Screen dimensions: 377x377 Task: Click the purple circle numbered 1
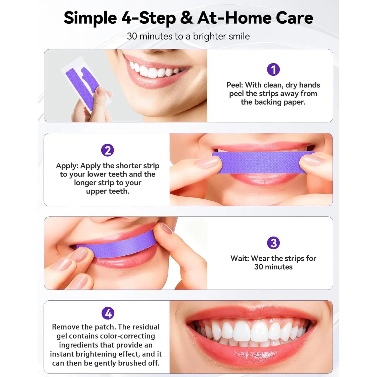(x=273, y=69)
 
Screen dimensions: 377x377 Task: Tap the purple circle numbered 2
(x=108, y=150)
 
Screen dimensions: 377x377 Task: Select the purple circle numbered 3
(x=273, y=243)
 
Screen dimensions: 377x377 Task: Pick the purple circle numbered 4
(x=108, y=313)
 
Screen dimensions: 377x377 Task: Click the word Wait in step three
(x=240, y=258)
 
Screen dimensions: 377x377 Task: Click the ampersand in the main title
(x=187, y=18)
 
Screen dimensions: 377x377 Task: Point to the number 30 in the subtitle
(x=132, y=36)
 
